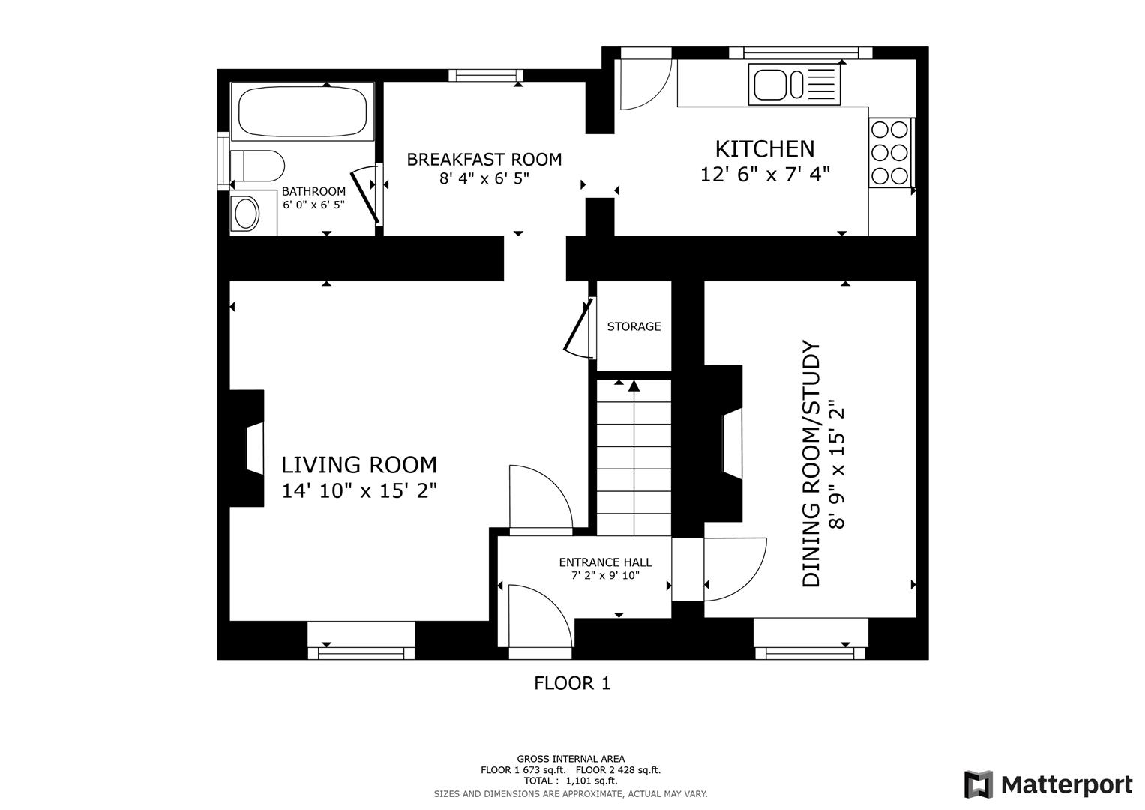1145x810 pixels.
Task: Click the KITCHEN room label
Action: [764, 148]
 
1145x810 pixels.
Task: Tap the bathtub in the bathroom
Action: [303, 112]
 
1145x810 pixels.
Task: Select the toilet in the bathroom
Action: [256, 166]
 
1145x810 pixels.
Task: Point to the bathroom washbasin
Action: [246, 214]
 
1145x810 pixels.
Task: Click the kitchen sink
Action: [794, 84]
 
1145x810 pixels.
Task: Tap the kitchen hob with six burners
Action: [890, 152]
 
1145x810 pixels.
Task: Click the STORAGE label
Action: [634, 326]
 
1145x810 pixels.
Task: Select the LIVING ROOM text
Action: [359, 465]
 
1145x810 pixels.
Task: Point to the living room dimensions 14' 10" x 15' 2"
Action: [359, 491]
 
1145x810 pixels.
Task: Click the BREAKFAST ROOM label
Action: [484, 160]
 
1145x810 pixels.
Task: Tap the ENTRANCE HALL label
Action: [605, 562]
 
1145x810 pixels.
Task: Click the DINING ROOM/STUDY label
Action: [811, 463]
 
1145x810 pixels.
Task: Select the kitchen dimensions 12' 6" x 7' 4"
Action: [764, 174]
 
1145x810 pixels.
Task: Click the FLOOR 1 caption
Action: [572, 683]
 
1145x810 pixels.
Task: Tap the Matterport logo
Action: [1048, 784]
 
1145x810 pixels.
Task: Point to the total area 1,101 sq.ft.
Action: [592, 781]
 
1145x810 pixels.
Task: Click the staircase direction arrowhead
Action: [634, 385]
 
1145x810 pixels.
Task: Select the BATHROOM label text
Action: [313, 191]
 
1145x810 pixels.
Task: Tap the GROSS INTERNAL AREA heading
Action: [571, 759]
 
